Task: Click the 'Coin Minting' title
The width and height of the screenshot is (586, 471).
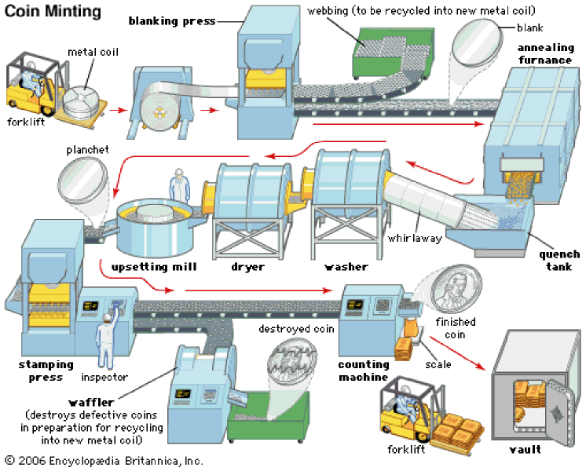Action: click(53, 11)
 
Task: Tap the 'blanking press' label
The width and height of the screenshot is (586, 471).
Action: click(172, 21)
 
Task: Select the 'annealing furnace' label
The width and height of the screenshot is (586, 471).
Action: click(546, 54)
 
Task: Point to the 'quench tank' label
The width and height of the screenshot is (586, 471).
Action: click(559, 261)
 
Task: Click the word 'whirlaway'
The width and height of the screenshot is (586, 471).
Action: click(415, 238)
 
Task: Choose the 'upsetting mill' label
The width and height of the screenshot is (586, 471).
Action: click(154, 267)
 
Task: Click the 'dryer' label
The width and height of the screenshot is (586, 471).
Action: click(247, 267)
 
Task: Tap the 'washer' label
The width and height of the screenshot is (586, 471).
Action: click(346, 267)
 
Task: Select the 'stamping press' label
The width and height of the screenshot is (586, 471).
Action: click(46, 371)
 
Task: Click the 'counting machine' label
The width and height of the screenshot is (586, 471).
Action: click(364, 371)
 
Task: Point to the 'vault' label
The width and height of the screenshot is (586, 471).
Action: click(525, 449)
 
